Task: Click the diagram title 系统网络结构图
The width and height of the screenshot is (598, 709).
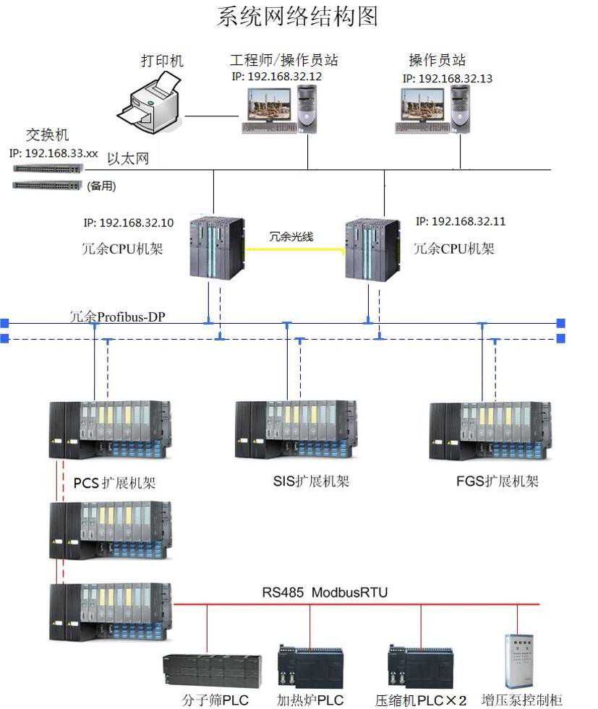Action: click(297, 16)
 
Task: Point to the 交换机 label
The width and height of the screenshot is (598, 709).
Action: click(48, 135)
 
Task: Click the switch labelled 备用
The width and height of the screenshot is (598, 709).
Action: click(48, 185)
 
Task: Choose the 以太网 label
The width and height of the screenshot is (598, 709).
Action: click(128, 159)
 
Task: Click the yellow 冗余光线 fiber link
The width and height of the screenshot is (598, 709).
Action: click(295, 249)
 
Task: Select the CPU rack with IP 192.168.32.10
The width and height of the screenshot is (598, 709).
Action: click(216, 247)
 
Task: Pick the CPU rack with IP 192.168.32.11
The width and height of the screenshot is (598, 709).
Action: click(372, 249)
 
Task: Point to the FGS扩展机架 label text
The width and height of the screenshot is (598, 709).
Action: click(497, 481)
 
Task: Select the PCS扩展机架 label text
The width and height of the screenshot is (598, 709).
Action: click(114, 482)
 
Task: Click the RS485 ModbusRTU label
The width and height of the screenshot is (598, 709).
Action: click(325, 593)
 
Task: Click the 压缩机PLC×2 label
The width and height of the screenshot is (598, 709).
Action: click(421, 700)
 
